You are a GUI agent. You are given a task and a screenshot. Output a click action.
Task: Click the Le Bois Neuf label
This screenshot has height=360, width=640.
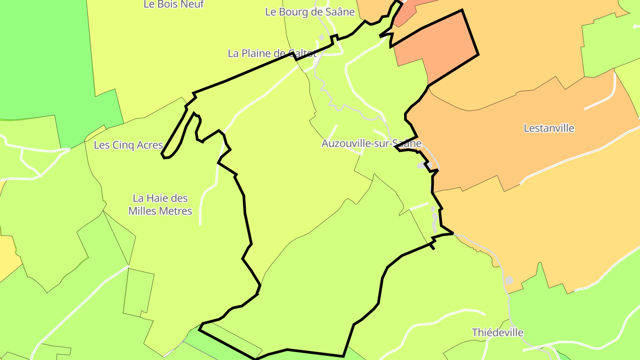click(174, 4)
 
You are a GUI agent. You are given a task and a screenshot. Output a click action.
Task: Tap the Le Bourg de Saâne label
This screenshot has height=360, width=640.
click(310, 12)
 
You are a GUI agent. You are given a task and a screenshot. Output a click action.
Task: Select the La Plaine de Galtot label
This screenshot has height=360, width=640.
click(272, 53)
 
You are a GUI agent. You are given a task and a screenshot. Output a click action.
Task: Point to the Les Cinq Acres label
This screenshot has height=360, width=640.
click(128, 145)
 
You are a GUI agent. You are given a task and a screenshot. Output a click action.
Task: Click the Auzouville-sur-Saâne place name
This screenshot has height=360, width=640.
click(371, 144)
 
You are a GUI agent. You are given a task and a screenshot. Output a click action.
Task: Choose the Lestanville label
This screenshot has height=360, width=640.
click(549, 128)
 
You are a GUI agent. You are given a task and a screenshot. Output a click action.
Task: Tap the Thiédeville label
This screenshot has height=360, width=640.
click(497, 332)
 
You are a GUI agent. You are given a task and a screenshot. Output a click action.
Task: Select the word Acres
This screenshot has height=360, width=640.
click(148, 145)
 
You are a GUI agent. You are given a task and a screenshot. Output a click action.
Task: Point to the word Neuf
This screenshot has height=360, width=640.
click(192, 4)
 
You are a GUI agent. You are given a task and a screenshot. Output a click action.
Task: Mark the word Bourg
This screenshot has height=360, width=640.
click(293, 12)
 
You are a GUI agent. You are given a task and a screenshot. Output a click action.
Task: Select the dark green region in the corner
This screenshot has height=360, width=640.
click(40, 58)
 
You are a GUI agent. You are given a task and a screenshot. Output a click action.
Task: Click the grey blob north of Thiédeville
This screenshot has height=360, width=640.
click(509, 280)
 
